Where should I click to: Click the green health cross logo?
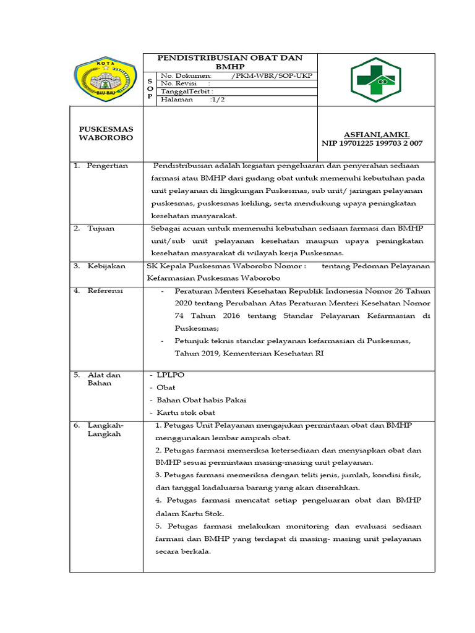[376, 80]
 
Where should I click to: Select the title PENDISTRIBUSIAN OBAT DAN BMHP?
[230, 62]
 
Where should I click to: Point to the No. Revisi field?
[186, 83]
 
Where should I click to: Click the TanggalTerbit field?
[187, 91]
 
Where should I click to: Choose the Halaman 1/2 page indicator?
[193, 100]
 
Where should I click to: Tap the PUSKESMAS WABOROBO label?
[106, 133]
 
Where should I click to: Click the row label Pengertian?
[107, 166]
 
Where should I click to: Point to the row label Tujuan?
[101, 228]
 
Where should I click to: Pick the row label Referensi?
[105, 291]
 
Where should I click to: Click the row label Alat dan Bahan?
[104, 379]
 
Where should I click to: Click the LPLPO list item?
[171, 375]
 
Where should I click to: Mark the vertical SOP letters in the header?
[149, 88]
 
